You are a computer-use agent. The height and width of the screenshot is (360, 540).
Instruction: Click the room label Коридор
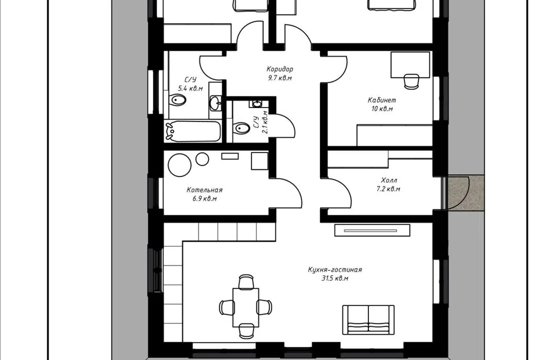point(280,69)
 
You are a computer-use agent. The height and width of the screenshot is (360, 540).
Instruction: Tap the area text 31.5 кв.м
point(335,278)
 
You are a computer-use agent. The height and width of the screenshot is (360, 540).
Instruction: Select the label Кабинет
point(382,100)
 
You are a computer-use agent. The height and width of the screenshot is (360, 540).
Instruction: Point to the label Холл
point(389,180)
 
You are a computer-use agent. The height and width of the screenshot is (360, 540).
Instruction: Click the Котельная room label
point(205,190)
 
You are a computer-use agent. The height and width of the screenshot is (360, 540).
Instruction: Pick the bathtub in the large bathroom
point(192,131)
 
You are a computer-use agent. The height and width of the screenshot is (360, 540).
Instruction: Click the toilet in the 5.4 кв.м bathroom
point(177,101)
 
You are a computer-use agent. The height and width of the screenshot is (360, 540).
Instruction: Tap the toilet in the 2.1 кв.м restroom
point(241,128)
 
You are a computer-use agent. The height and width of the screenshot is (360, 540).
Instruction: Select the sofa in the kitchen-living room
point(368,319)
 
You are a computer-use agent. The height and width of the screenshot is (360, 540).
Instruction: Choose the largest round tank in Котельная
point(179,165)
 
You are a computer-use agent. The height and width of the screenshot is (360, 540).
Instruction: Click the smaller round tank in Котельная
point(202,159)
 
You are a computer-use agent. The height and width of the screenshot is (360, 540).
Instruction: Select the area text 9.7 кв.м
point(280,78)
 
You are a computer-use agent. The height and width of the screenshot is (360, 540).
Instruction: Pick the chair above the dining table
point(246,281)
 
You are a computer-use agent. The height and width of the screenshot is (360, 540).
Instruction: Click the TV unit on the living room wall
point(372,230)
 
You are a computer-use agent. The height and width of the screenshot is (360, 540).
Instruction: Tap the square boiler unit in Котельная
point(260,161)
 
